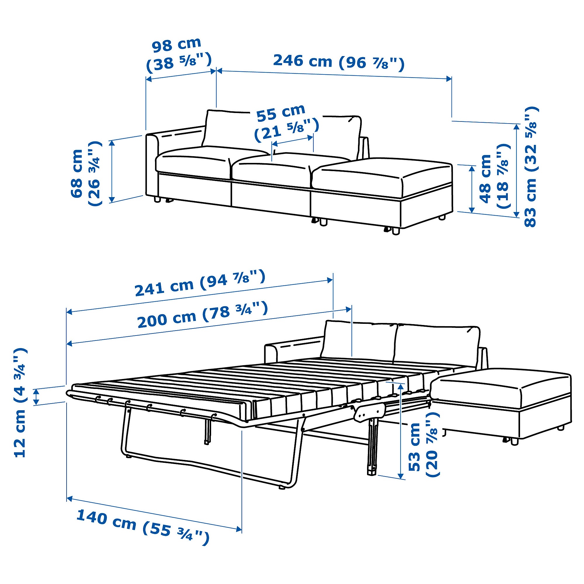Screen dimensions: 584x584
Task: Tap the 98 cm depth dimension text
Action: tap(179, 55)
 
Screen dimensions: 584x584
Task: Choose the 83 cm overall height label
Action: tap(530, 166)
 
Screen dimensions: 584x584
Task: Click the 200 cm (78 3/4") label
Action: tap(203, 315)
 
